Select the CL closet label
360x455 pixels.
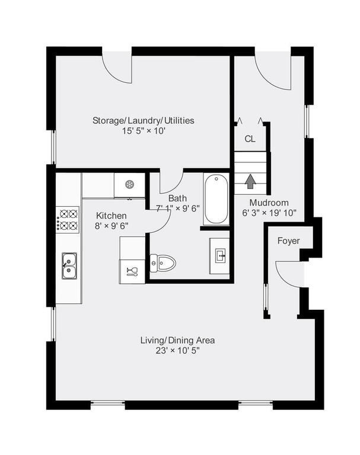pyautogui.click(x=250, y=139)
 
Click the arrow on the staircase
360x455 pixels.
pyautogui.click(x=250, y=181)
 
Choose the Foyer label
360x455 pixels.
pyautogui.click(x=288, y=241)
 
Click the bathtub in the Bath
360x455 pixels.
pyautogui.click(x=216, y=199)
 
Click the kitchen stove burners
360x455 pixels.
pyautogui.click(x=68, y=219)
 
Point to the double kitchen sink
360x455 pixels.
pyautogui.click(x=68, y=265)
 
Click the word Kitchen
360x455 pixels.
pyautogui.click(x=111, y=216)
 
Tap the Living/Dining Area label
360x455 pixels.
pyautogui.click(x=177, y=340)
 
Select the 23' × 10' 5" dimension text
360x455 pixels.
pyautogui.click(x=177, y=350)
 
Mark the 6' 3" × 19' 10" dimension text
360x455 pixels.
pyautogui.click(x=269, y=212)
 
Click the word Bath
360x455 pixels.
pyautogui.click(x=177, y=198)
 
